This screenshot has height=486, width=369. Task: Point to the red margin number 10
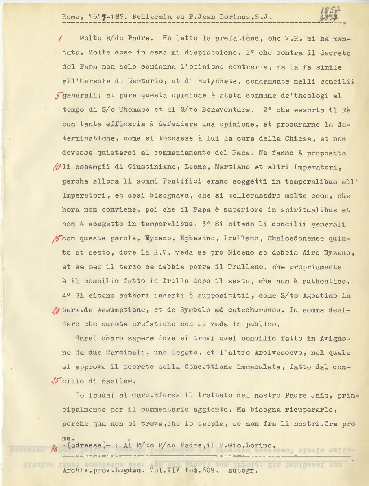click(x=57, y=167)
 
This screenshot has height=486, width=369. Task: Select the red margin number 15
click(x=57, y=238)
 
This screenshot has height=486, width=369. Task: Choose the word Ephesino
click(x=197, y=238)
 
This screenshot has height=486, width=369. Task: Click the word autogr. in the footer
click(x=243, y=470)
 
